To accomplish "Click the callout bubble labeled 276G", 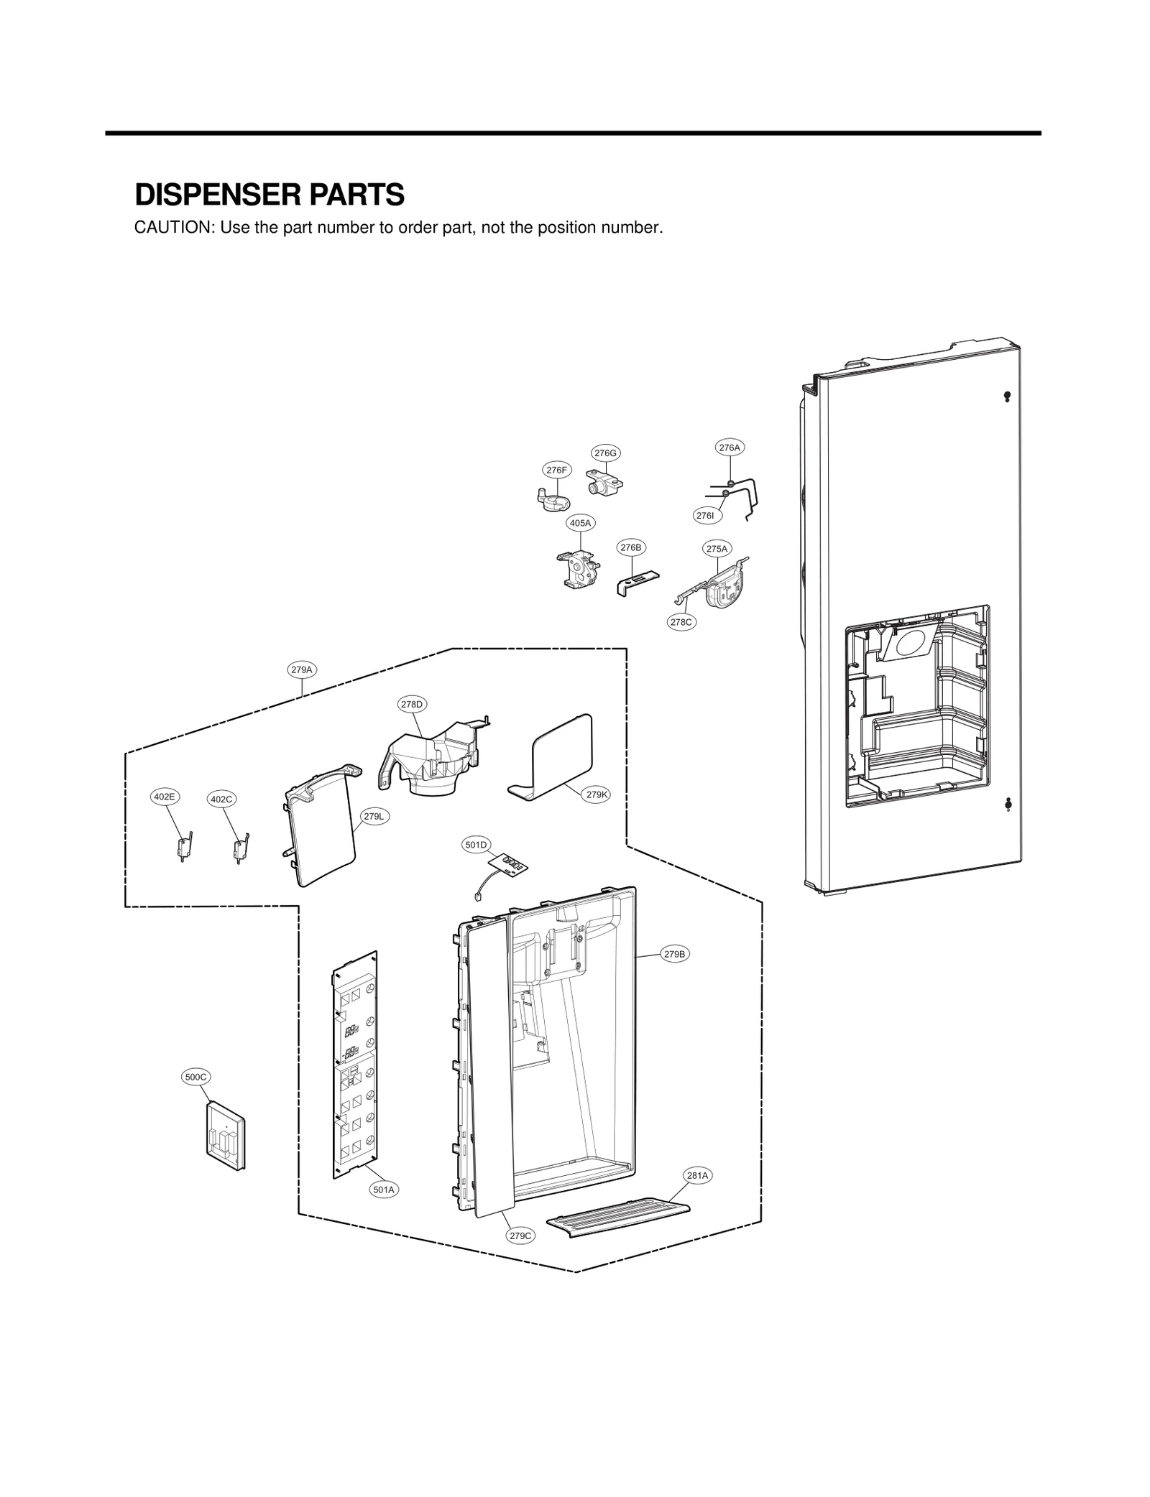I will [605, 453].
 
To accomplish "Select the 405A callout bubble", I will [580, 523].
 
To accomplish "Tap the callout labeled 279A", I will [302, 669].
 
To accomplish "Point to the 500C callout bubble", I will [195, 1097].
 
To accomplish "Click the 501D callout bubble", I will [476, 845].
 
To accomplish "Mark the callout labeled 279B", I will [675, 954].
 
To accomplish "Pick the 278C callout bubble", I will [681, 622].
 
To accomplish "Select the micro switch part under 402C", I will [240, 848].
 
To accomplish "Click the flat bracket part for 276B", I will [638, 581].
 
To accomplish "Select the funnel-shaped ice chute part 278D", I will [431, 761].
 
